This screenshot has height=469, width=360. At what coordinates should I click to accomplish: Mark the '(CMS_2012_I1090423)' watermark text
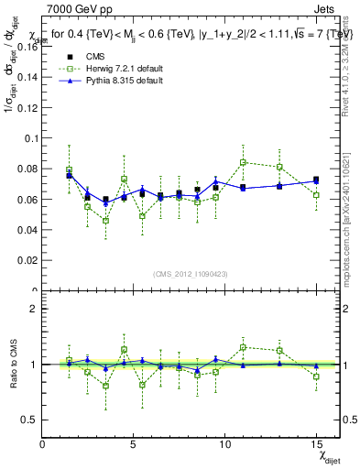(191, 275)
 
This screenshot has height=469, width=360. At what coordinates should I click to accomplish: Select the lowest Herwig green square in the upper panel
(106, 221)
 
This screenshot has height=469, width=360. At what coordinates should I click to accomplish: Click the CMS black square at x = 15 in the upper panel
(316, 180)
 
